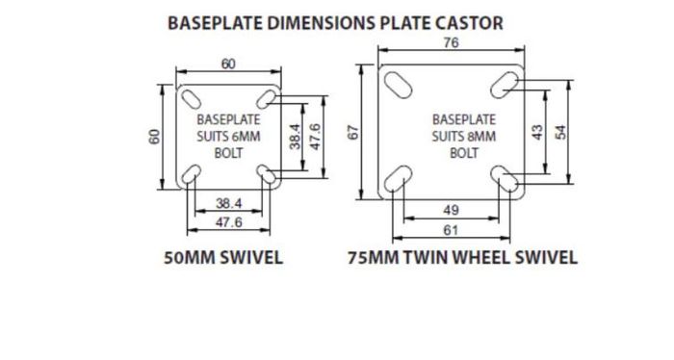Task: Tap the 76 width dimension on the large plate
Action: coord(451,42)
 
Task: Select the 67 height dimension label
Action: coord(353,132)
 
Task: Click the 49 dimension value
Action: coord(451,210)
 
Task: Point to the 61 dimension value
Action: coord(451,231)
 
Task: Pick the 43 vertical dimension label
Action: coord(537,132)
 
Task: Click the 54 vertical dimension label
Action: coord(561,132)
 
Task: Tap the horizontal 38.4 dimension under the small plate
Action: coord(229,203)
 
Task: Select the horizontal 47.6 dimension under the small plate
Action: coord(229,222)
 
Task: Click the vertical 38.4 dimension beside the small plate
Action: coord(295,137)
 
